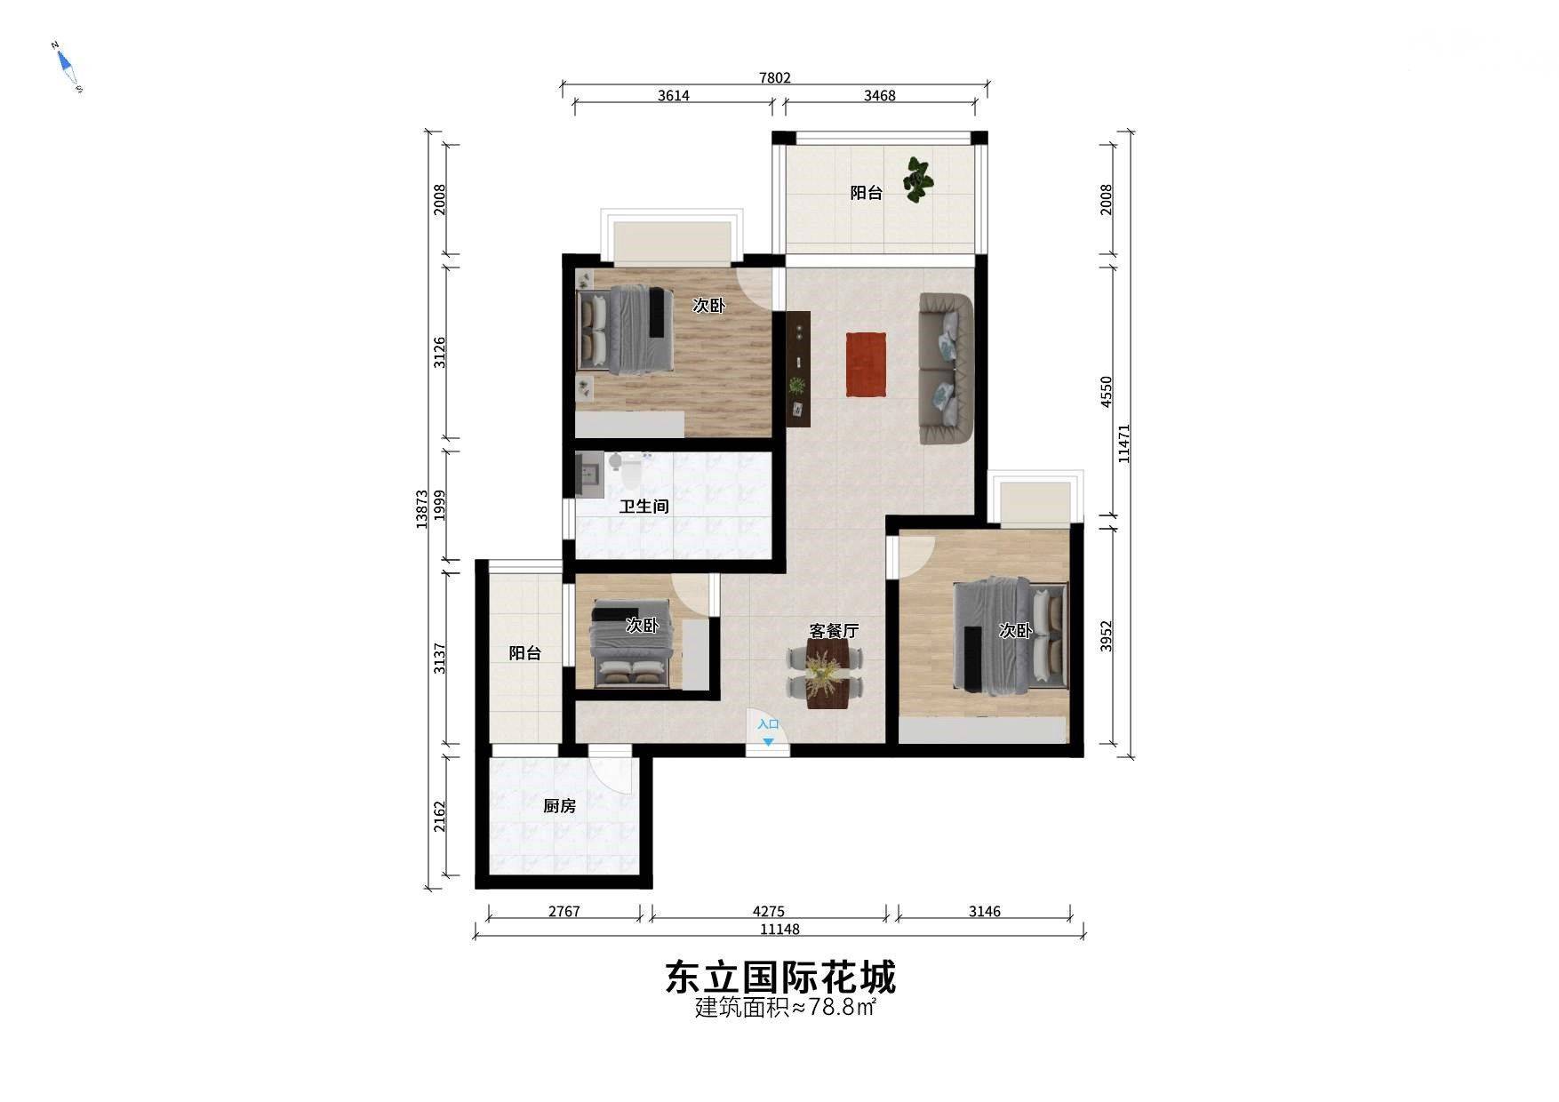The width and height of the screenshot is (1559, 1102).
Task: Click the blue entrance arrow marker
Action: click(x=768, y=741)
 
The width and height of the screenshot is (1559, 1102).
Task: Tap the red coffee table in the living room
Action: click(x=866, y=363)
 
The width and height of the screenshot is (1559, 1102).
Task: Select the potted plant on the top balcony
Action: click(x=917, y=180)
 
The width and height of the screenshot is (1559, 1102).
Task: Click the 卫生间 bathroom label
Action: click(x=644, y=507)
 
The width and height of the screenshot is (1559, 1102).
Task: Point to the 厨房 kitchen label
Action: click(x=560, y=806)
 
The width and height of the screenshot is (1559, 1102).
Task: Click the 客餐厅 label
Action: click(x=834, y=631)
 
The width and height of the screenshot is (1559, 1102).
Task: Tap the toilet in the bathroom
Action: click(x=628, y=472)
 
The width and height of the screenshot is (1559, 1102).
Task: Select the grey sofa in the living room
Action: click(x=946, y=368)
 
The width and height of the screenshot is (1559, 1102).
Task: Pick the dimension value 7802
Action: click(x=774, y=78)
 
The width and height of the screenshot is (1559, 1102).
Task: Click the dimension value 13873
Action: click(x=422, y=509)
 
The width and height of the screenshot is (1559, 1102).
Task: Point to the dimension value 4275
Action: click(x=769, y=911)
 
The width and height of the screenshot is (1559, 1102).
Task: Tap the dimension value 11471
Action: click(x=1124, y=443)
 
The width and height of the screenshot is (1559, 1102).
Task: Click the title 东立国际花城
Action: click(x=780, y=978)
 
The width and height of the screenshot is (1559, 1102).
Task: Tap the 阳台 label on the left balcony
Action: click(x=525, y=653)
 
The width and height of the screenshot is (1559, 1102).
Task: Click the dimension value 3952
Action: click(x=1106, y=636)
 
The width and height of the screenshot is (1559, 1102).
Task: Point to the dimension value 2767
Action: click(x=564, y=911)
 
